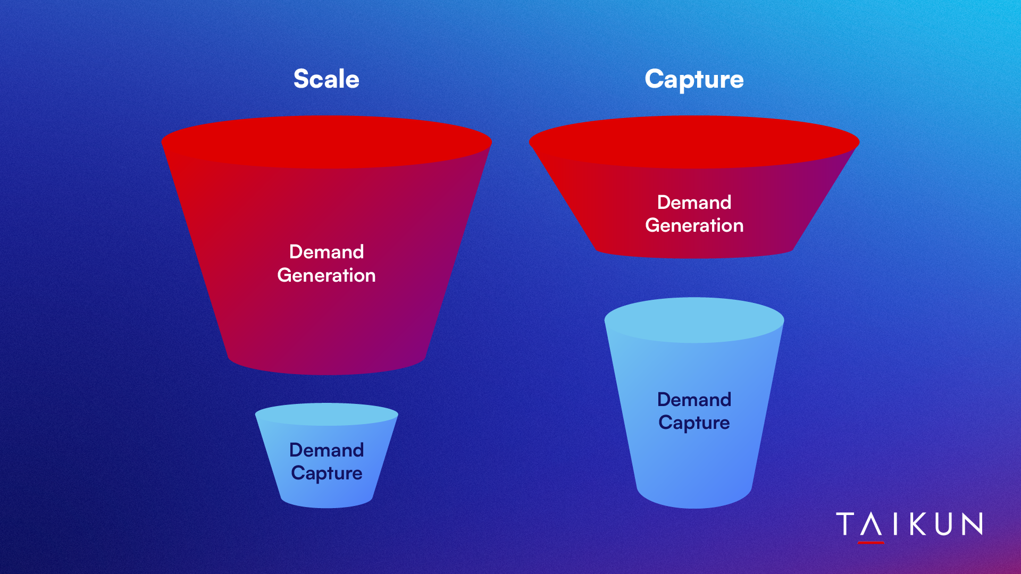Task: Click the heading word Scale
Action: (x=327, y=79)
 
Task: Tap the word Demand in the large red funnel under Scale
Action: (x=327, y=252)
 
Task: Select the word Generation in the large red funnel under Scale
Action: (x=327, y=275)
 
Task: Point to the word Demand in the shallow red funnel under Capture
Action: (x=694, y=202)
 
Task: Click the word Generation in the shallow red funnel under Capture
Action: (x=694, y=225)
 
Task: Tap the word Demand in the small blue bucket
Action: (x=327, y=450)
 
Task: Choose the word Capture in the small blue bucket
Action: (x=327, y=474)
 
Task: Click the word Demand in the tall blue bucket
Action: (x=694, y=400)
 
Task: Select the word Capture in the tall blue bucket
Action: (x=694, y=423)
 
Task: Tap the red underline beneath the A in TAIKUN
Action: (x=871, y=543)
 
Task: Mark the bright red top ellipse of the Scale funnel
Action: (x=327, y=142)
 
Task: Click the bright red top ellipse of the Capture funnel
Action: (x=694, y=142)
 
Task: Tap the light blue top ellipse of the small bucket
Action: (x=327, y=414)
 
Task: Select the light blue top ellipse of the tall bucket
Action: (x=694, y=320)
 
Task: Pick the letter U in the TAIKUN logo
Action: (x=945, y=524)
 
